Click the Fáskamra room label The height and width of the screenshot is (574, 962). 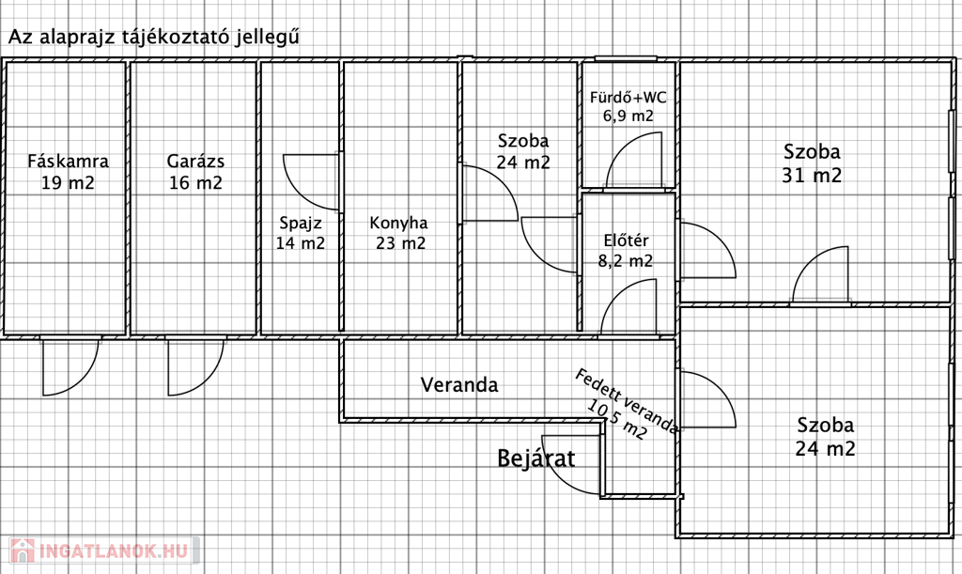tap(68, 160)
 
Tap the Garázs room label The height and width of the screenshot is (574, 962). tap(195, 160)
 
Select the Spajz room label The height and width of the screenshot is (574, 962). tap(301, 224)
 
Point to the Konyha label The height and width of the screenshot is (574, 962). tap(398, 224)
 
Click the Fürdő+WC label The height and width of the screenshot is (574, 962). tap(628, 97)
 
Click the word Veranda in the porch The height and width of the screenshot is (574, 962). tap(459, 384)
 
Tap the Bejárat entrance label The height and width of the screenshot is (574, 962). tap(535, 458)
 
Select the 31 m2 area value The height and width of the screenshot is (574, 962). tap(813, 175)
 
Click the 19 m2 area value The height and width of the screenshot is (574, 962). tap(68, 183)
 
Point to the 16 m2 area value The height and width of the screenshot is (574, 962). tap(195, 183)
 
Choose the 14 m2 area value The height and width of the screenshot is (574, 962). tap(301, 243)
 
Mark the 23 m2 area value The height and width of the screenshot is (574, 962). tap(398, 243)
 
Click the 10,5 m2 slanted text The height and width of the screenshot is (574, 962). tap(616, 420)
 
